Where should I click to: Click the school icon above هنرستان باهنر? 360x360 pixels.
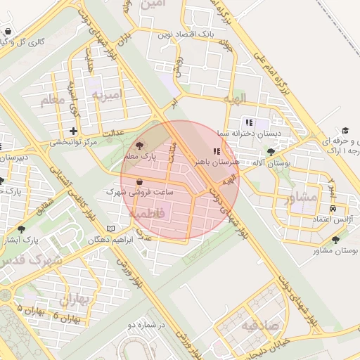coord(217,151)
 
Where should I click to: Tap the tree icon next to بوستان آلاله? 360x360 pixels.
coord(271,153)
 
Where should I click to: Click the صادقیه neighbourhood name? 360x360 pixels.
coord(261,326)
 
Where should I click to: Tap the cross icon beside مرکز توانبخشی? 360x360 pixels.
coord(74,131)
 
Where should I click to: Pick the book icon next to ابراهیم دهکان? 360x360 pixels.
coord(110,229)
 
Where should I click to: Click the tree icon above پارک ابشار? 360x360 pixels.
coord(20,229)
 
